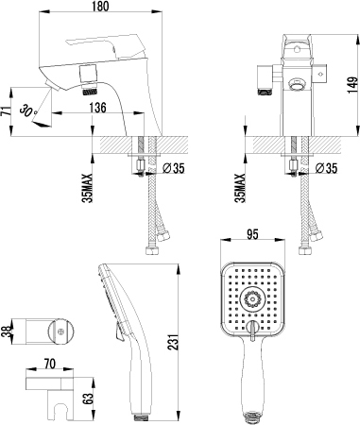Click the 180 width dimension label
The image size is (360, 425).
pyautogui.click(x=101, y=7)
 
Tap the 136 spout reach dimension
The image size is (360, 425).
pyautogui.click(x=97, y=108)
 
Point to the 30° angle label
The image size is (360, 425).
pyautogui.click(x=27, y=110)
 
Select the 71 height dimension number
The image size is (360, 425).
pyautogui.click(x=6, y=111)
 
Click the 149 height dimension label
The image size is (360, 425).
pyautogui.click(x=353, y=85)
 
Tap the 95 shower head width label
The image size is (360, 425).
pyautogui.click(x=252, y=234)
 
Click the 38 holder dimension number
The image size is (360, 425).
pyautogui.click(x=6, y=331)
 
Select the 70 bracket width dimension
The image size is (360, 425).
pyautogui.click(x=50, y=364)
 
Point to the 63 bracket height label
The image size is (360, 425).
pyautogui.click(x=89, y=399)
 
